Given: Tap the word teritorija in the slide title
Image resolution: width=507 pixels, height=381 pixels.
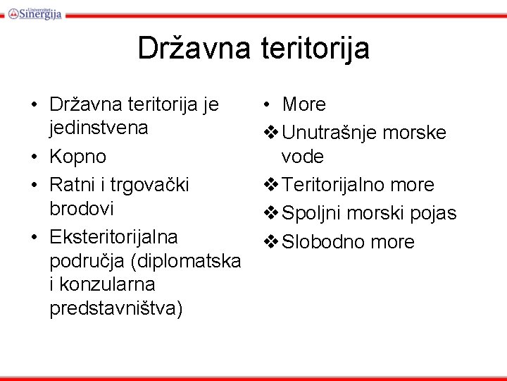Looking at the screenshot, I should click(x=313, y=49).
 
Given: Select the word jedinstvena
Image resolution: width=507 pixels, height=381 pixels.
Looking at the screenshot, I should click(x=99, y=128).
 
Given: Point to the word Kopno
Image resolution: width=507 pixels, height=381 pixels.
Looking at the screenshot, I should click(x=77, y=156).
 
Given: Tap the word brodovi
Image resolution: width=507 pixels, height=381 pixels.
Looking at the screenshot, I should click(x=82, y=210).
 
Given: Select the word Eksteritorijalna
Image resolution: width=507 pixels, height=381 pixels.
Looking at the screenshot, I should click(x=113, y=236).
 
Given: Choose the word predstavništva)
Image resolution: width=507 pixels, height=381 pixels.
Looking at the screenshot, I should click(x=116, y=309).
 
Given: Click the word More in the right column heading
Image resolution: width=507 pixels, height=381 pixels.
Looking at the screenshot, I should click(x=303, y=105).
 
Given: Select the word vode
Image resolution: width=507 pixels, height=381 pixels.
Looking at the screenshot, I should click(x=302, y=156).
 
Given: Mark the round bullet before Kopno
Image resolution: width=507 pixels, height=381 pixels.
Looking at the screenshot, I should click(x=34, y=157).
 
